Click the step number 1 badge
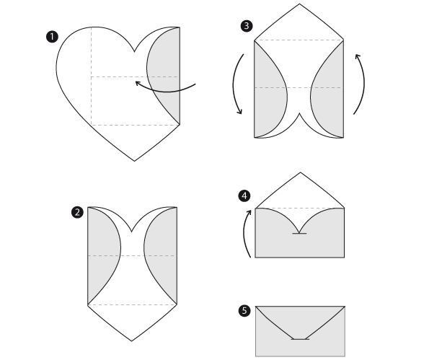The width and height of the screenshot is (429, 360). click(52, 37)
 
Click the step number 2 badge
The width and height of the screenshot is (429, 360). click(77, 212)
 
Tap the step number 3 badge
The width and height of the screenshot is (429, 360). click(247, 26)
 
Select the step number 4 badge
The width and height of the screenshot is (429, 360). click(244, 196)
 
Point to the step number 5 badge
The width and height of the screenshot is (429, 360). click(244, 311)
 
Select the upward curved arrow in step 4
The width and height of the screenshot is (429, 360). click(244, 233)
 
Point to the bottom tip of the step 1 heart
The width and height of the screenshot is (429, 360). click(134, 161)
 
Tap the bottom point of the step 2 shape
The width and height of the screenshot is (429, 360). click(132, 341)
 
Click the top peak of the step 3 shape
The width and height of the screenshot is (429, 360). click(299, 4)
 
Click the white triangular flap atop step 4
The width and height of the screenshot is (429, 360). click(300, 194)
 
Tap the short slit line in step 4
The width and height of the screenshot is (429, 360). click(299, 234)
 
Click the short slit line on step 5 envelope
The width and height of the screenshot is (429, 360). click(300, 339)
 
